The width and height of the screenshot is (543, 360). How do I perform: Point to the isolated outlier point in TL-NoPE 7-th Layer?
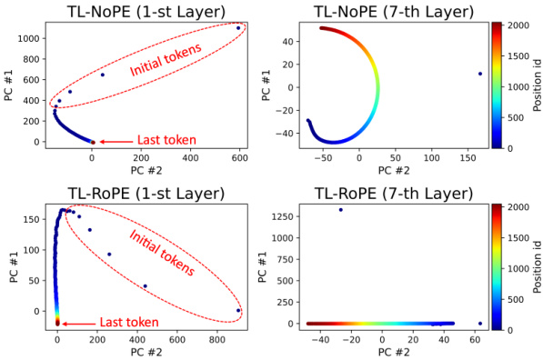point(479,74)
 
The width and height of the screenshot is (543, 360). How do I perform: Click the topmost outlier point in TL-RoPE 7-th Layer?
point(340,210)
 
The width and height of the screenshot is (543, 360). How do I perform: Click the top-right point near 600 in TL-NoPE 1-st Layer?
point(238,28)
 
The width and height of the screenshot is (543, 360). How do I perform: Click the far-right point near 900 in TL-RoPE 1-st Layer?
point(238,311)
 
